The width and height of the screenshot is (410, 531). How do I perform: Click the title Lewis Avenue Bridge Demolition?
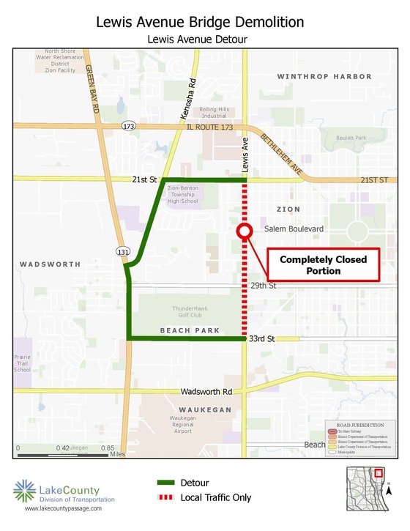pos(205,21)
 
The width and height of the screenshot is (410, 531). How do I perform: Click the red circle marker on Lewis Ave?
pos(245,231)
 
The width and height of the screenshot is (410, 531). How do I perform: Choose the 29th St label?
pos(261,285)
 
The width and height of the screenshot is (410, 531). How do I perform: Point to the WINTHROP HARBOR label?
pos(319,76)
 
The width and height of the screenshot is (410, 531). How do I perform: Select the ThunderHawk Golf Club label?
pos(191,313)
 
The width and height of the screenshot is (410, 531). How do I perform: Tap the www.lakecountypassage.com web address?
pos(62,508)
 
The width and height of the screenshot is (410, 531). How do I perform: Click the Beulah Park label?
pos(347,137)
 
